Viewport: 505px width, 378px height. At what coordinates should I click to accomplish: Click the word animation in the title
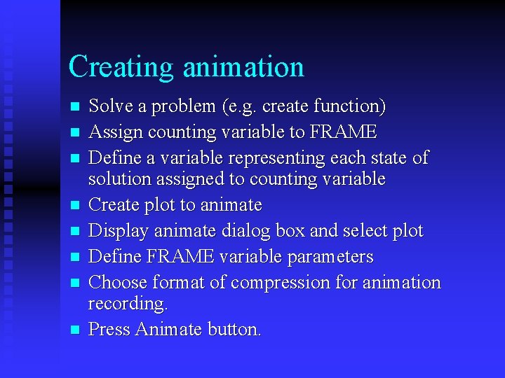click(x=243, y=67)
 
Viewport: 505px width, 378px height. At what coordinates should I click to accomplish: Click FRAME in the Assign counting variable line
click(x=343, y=132)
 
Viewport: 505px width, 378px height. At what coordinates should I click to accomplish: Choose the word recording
click(x=128, y=304)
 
